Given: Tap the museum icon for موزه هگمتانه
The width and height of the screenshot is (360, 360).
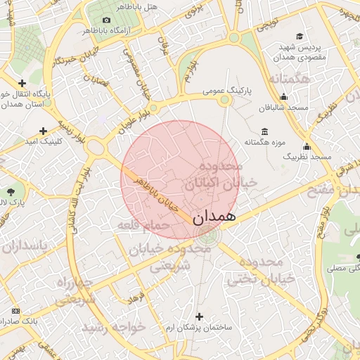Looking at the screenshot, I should [264, 131].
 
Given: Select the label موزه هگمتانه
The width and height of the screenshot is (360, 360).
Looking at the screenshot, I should [264, 143].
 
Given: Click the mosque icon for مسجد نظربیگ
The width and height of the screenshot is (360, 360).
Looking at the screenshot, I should [307, 146].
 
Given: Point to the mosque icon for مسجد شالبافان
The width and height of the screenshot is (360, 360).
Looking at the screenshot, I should [284, 97].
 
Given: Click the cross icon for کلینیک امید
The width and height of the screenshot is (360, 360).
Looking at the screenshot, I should [44, 131].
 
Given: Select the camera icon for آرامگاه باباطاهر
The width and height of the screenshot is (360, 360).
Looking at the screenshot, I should [106, 20].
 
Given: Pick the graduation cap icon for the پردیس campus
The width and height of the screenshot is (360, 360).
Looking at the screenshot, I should [300, 36].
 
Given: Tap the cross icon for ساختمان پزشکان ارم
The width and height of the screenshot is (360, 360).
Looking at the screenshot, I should [200, 316].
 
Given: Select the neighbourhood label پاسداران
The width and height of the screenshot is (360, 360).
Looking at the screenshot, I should [26, 246].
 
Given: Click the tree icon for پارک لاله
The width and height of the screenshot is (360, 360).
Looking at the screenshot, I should [10, 191].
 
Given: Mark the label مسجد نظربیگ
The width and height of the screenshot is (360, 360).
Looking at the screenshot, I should [307, 157].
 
